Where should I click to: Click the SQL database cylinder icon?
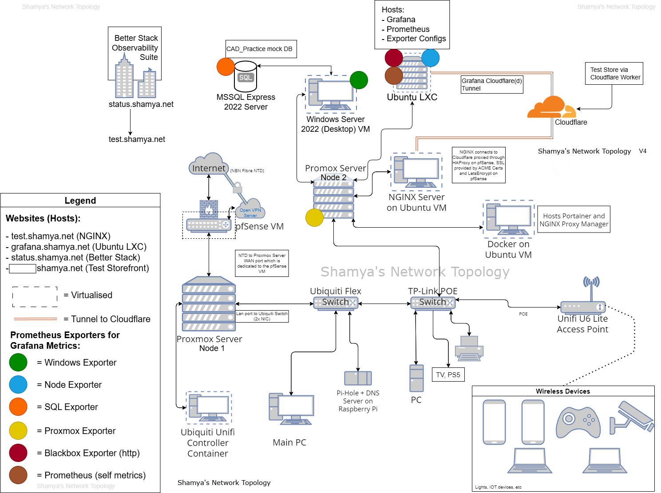(x=245, y=77)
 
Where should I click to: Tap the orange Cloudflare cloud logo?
(x=551, y=108)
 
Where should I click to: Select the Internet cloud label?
(x=208, y=168)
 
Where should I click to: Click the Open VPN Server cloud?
(x=250, y=210)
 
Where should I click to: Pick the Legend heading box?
(x=80, y=200)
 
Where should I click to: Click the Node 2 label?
(x=333, y=177)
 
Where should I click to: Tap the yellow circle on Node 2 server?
(x=314, y=217)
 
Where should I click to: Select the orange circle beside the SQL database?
(x=226, y=67)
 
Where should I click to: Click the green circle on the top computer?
(x=359, y=80)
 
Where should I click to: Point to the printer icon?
(x=469, y=348)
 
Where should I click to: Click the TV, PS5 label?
(x=448, y=375)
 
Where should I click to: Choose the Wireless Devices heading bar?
(x=563, y=391)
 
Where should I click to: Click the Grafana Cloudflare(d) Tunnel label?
(x=491, y=84)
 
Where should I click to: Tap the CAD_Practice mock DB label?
(x=260, y=49)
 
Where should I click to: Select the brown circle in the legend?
(x=18, y=475)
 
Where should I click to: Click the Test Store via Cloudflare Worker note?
(x=615, y=73)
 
